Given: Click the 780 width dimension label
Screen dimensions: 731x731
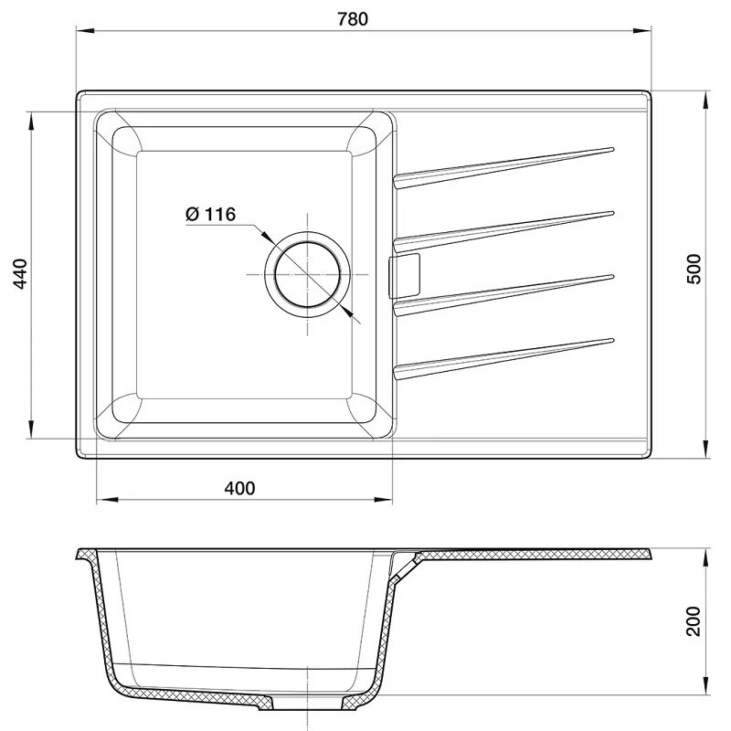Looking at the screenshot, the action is coord(353,18).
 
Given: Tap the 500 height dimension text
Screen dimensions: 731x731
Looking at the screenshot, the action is coord(694,269).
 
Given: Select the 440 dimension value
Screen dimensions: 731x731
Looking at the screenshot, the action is coord(20,273).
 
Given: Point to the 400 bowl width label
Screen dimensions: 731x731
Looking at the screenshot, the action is coord(239,488).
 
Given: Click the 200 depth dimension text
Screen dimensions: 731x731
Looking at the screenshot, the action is coord(694,621).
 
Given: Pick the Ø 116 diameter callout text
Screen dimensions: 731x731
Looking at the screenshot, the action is coord(211,214).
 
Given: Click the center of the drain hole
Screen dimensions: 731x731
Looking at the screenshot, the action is coord(307,275).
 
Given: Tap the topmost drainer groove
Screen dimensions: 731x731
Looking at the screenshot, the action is coord(503,168).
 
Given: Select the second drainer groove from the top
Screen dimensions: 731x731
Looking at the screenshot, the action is coord(503,232).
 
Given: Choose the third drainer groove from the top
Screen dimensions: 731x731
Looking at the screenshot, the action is coord(503,295).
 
